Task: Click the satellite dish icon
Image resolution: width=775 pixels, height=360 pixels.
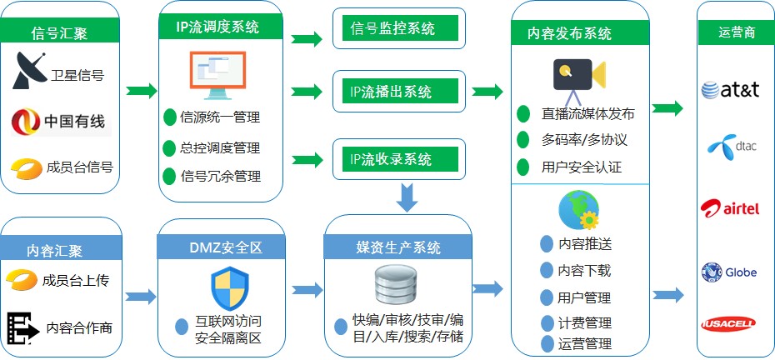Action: pyautogui.click(x=31, y=72)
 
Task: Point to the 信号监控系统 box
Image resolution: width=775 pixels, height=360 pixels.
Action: pyautogui.click(x=398, y=29)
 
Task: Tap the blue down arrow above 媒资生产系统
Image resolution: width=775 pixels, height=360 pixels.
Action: pyautogui.click(x=407, y=198)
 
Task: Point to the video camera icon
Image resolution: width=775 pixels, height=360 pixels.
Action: pyautogui.click(x=577, y=73)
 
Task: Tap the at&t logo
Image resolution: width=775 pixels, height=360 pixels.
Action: pyautogui.click(x=731, y=89)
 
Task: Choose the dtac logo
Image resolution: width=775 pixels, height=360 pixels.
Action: pyautogui.click(x=731, y=147)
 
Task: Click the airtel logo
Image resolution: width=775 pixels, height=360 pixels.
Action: pyautogui.click(x=731, y=207)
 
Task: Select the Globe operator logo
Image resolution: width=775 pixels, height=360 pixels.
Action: pyautogui.click(x=729, y=272)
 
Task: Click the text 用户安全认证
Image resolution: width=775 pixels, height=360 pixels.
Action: pyautogui.click(x=581, y=167)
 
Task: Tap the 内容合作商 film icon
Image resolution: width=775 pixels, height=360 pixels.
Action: pyautogui.click(x=23, y=327)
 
